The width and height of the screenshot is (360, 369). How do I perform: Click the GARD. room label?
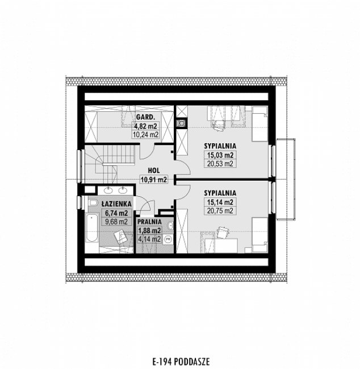click(145, 117)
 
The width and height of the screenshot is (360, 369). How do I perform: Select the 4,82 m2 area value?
click(145, 126)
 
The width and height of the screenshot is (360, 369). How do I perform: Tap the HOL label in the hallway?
click(154, 171)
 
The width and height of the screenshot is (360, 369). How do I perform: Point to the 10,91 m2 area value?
click(154, 180)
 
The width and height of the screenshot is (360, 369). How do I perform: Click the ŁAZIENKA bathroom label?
click(116, 204)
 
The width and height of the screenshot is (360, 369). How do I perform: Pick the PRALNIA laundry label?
click(149, 222)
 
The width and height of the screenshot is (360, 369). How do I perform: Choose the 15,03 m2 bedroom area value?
click(220, 155)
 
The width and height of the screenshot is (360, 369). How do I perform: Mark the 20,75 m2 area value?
click(220, 210)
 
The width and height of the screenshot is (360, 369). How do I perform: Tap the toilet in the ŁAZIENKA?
click(93, 202)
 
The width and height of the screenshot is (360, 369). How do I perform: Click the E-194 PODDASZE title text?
click(181, 362)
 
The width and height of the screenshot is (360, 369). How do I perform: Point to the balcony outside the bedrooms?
click(286, 179)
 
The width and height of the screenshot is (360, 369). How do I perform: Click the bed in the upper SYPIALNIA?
click(260, 124)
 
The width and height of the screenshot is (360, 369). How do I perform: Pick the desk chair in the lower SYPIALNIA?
click(222, 233)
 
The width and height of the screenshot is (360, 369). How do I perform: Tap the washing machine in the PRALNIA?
click(168, 239)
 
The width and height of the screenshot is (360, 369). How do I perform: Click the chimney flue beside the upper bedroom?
click(182, 123)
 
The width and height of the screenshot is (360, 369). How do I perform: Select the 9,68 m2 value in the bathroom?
click(116, 221)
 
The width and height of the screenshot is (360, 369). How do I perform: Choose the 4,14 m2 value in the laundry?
click(149, 239)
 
